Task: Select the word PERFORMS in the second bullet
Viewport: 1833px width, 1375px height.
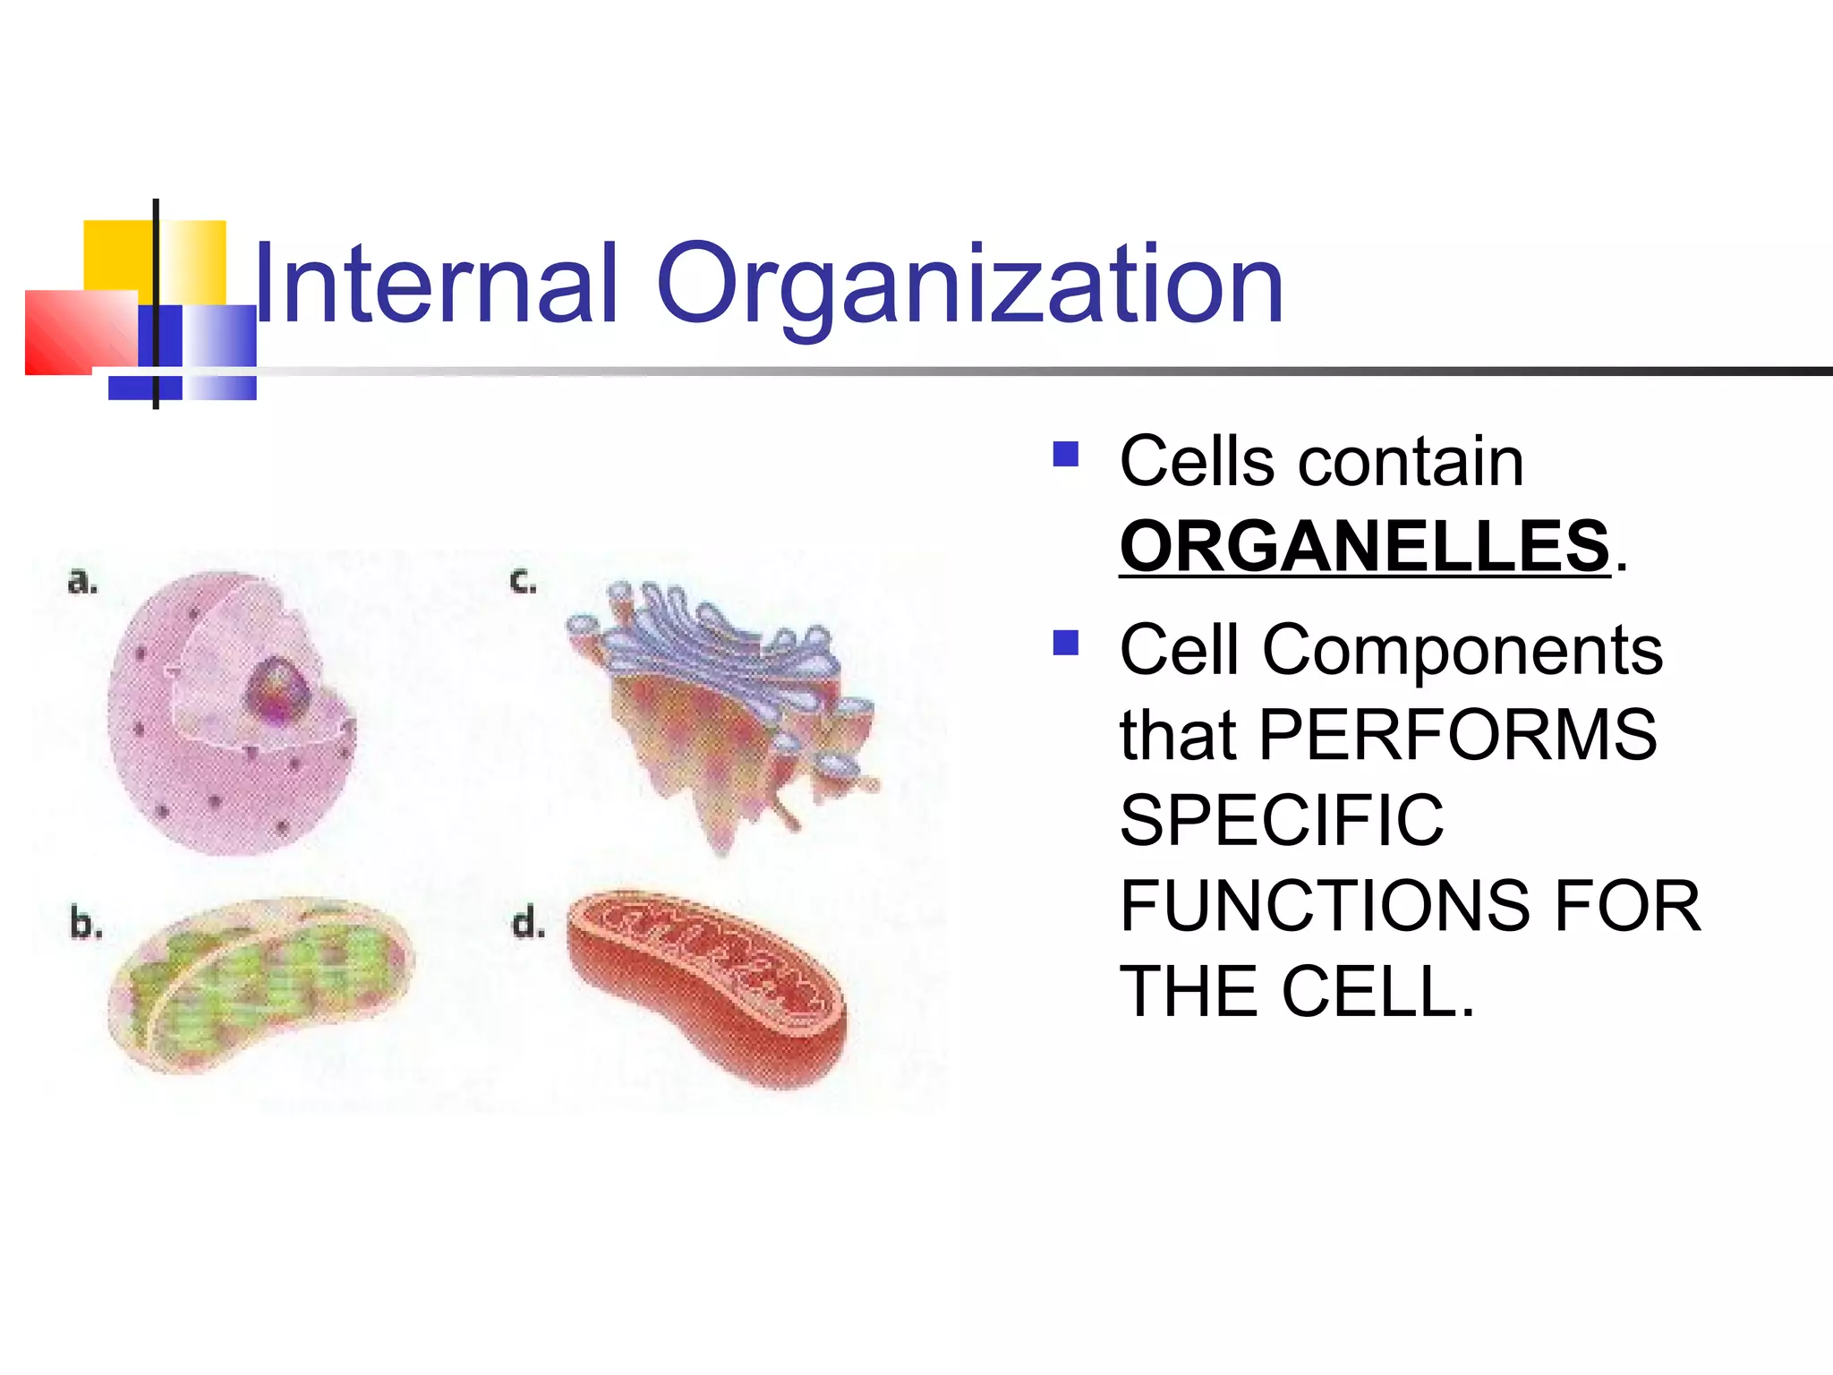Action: (1458, 735)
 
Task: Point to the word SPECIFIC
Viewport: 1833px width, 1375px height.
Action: (1282, 820)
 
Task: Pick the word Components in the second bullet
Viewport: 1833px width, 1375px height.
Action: (1462, 650)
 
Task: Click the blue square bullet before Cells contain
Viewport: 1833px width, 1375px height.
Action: (1066, 455)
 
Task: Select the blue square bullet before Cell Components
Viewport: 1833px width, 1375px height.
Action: (1066, 643)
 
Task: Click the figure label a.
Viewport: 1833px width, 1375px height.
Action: (82, 582)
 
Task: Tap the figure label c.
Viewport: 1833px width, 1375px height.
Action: (523, 582)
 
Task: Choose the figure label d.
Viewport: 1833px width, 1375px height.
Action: (528, 922)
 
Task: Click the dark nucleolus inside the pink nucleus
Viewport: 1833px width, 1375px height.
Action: (279, 689)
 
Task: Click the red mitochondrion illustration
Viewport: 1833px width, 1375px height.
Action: (707, 985)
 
